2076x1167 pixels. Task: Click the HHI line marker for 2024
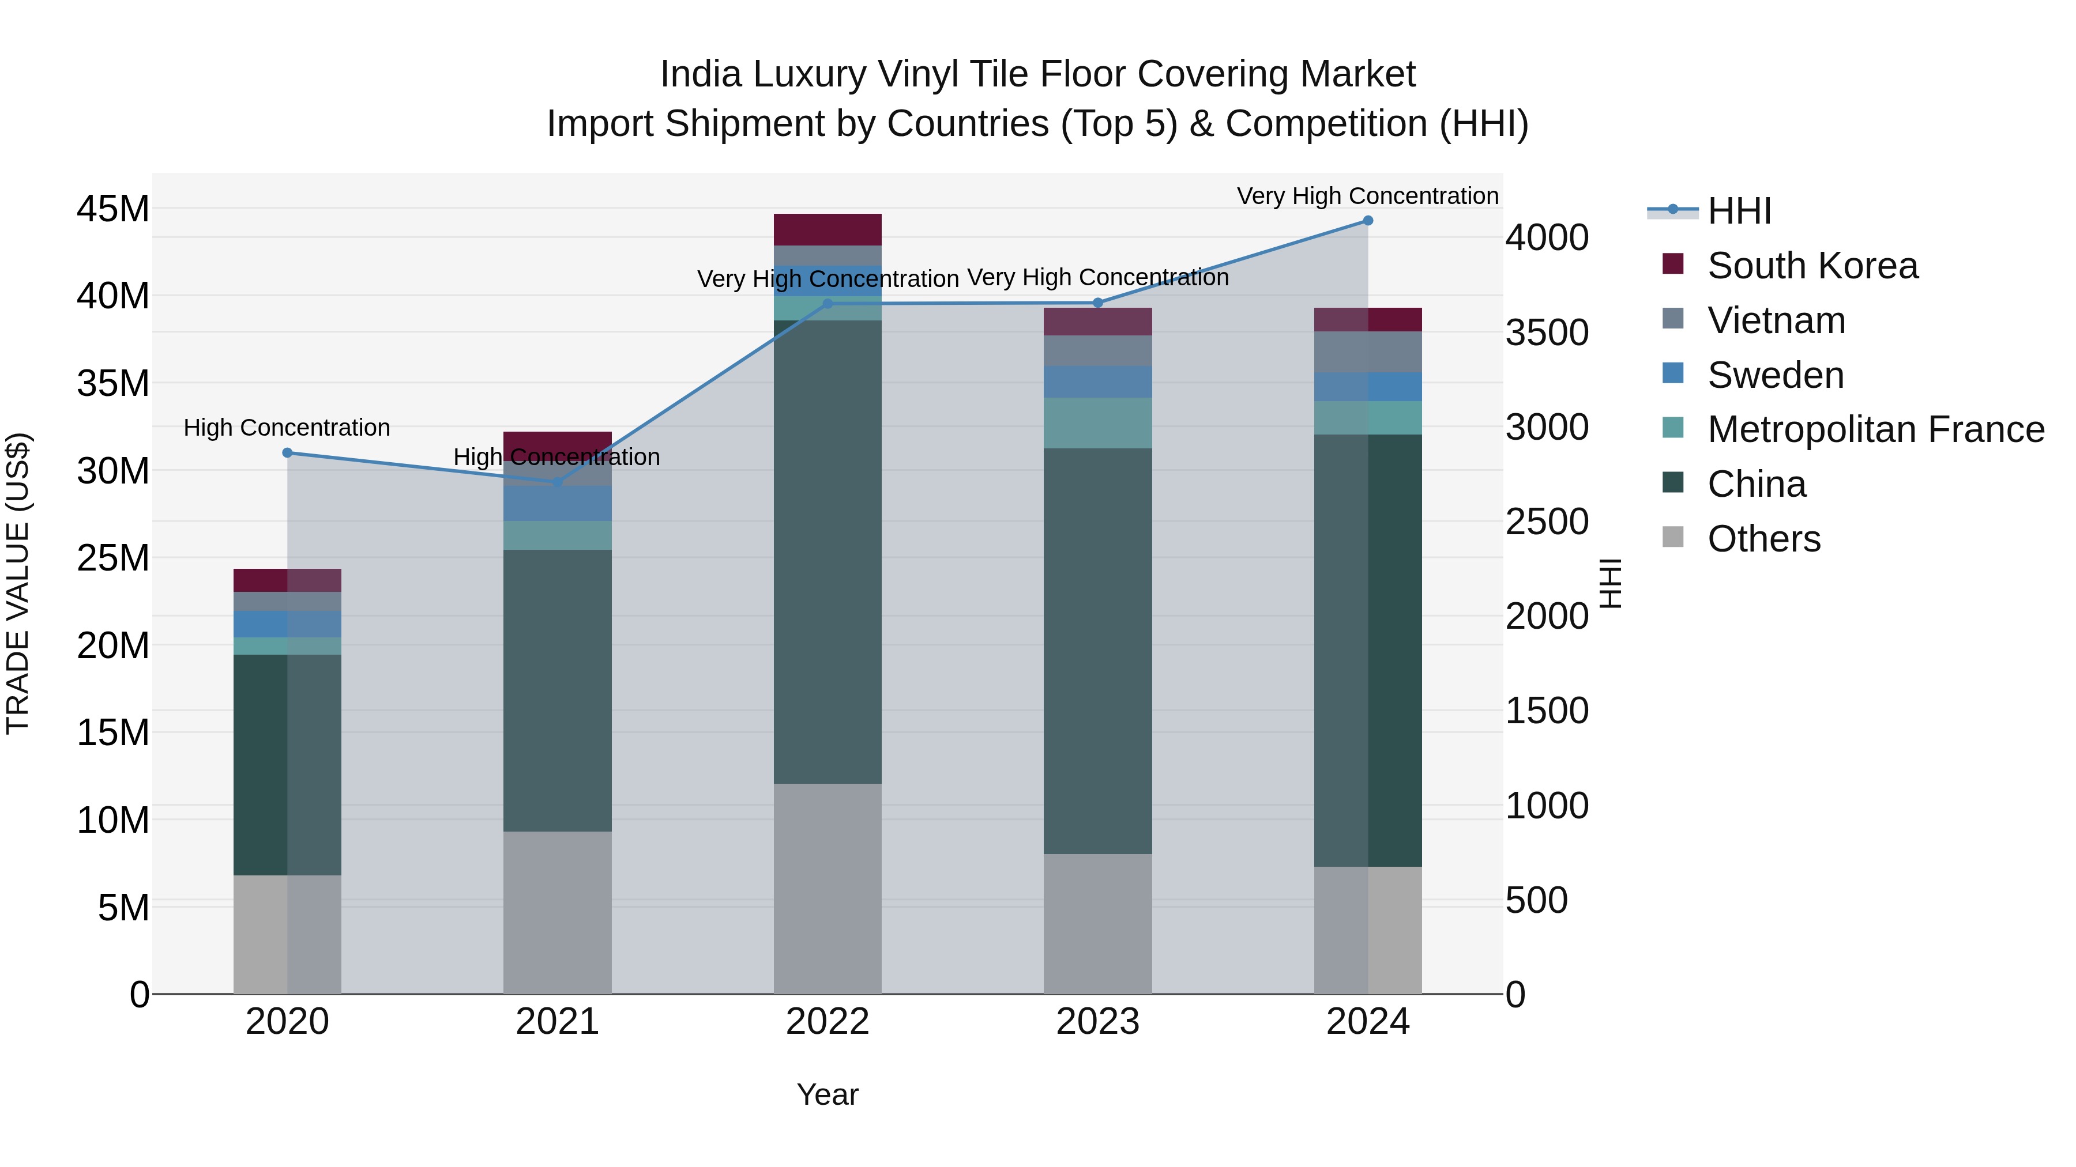click(1368, 221)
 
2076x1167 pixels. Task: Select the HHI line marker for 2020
click(288, 452)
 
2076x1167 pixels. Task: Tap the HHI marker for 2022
click(828, 304)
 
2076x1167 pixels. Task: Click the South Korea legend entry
click(1812, 266)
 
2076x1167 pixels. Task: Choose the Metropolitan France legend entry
click(1875, 429)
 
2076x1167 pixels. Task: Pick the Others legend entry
click(1763, 539)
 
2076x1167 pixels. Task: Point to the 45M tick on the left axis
click(113, 209)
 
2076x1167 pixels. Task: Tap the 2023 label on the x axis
click(1097, 1022)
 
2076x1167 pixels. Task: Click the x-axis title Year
click(828, 1094)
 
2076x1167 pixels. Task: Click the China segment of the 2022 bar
click(828, 552)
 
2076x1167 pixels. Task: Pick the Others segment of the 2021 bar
click(558, 912)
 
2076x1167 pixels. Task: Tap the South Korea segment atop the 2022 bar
click(828, 229)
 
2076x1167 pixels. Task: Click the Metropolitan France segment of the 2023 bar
click(1097, 423)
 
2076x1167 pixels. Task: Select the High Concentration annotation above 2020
click(287, 428)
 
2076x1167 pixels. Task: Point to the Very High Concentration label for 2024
click(1368, 196)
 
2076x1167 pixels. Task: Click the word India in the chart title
click(700, 74)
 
